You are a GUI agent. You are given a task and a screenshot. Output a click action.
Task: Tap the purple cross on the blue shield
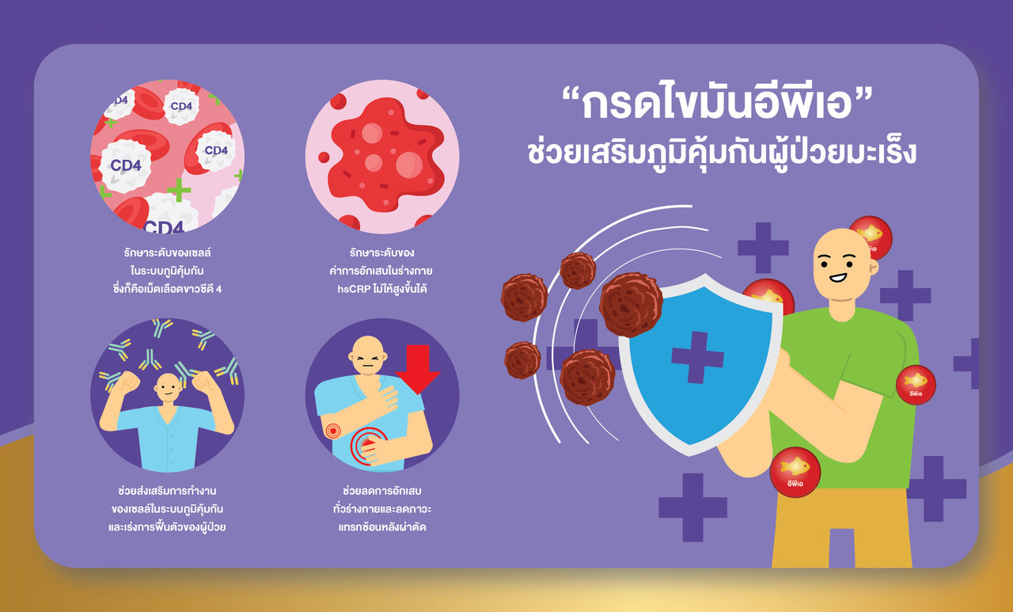click(x=697, y=357)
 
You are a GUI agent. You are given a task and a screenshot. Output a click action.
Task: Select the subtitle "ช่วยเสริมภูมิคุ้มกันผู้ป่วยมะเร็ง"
click(x=722, y=152)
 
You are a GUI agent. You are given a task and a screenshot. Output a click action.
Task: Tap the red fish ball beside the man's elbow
click(x=916, y=385)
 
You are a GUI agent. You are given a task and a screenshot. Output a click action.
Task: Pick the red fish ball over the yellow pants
click(x=795, y=473)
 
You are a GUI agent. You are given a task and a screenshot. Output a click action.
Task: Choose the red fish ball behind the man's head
click(x=871, y=237)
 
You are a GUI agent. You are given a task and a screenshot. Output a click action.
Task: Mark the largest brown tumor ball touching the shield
click(x=631, y=304)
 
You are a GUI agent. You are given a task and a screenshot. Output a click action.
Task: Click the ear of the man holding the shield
click(x=872, y=268)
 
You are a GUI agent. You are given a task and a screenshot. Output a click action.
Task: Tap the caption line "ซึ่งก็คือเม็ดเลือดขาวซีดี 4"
click(x=167, y=288)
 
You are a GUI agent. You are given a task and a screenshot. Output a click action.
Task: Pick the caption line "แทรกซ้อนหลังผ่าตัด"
click(x=381, y=526)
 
